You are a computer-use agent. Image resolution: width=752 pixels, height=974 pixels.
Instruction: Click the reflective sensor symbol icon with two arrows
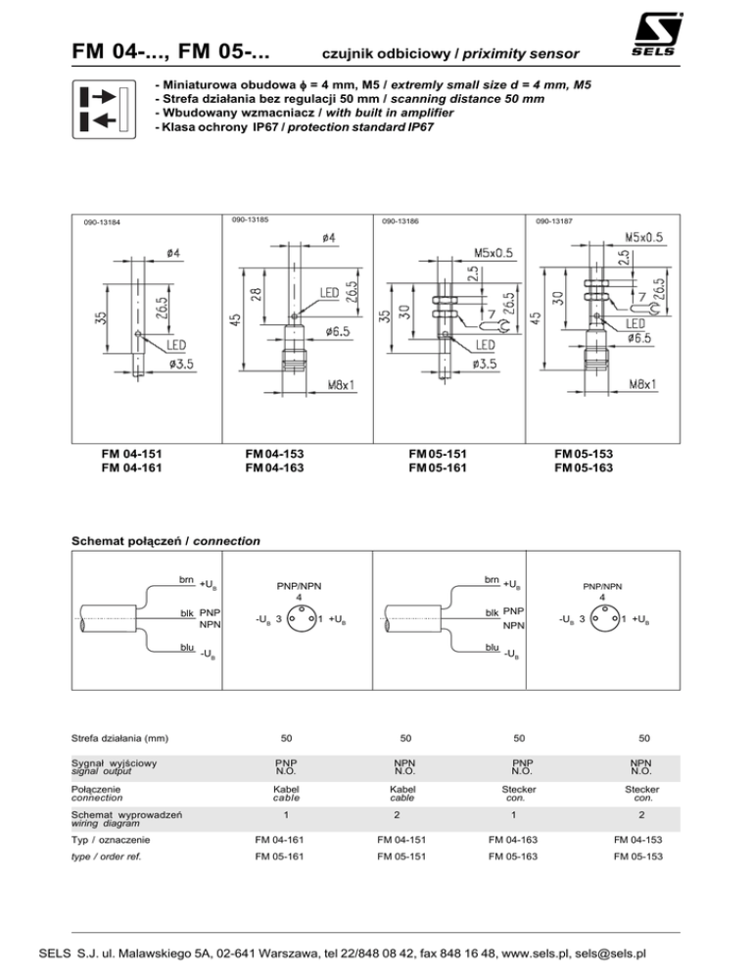pos(102,108)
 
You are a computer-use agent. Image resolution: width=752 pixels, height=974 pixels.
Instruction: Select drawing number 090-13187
pos(555,222)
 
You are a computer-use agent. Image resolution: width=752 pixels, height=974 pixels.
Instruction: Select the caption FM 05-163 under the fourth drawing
pos(585,467)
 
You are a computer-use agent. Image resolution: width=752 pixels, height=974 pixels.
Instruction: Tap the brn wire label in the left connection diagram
pos(184,580)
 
